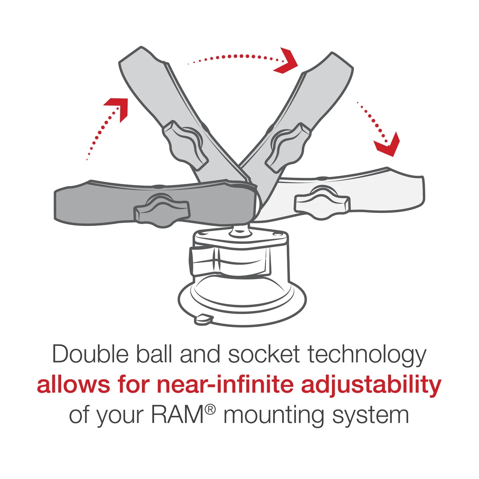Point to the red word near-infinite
225,385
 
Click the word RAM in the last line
177,415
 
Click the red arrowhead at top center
285,61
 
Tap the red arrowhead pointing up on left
117,107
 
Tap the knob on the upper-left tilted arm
185,144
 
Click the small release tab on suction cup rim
203,319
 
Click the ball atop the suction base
240,230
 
